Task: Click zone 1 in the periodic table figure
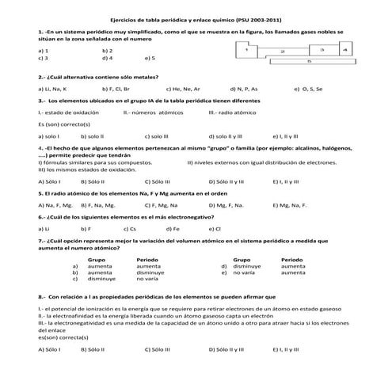(x=249, y=49)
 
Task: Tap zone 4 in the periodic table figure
(x=344, y=49)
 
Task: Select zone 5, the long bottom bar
(x=309, y=60)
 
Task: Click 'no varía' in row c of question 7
(x=147, y=279)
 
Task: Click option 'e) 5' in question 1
(x=150, y=58)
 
